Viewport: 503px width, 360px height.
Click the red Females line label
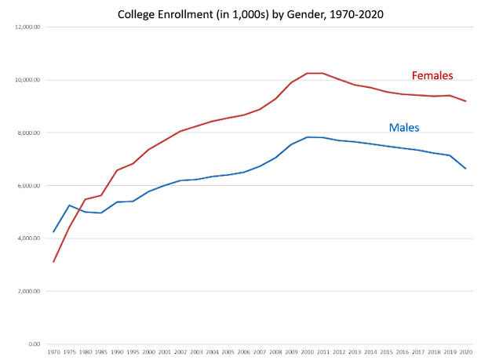[x=432, y=76]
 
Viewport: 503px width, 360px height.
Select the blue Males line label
[x=405, y=127]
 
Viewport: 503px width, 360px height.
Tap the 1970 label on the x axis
[x=53, y=354]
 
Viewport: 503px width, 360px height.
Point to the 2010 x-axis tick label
[x=307, y=354]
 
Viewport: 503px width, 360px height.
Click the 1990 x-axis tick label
[x=117, y=354]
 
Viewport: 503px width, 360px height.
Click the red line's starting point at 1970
[x=53, y=262]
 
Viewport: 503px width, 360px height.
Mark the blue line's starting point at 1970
[x=53, y=232]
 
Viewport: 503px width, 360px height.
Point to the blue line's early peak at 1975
[x=69, y=205]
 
